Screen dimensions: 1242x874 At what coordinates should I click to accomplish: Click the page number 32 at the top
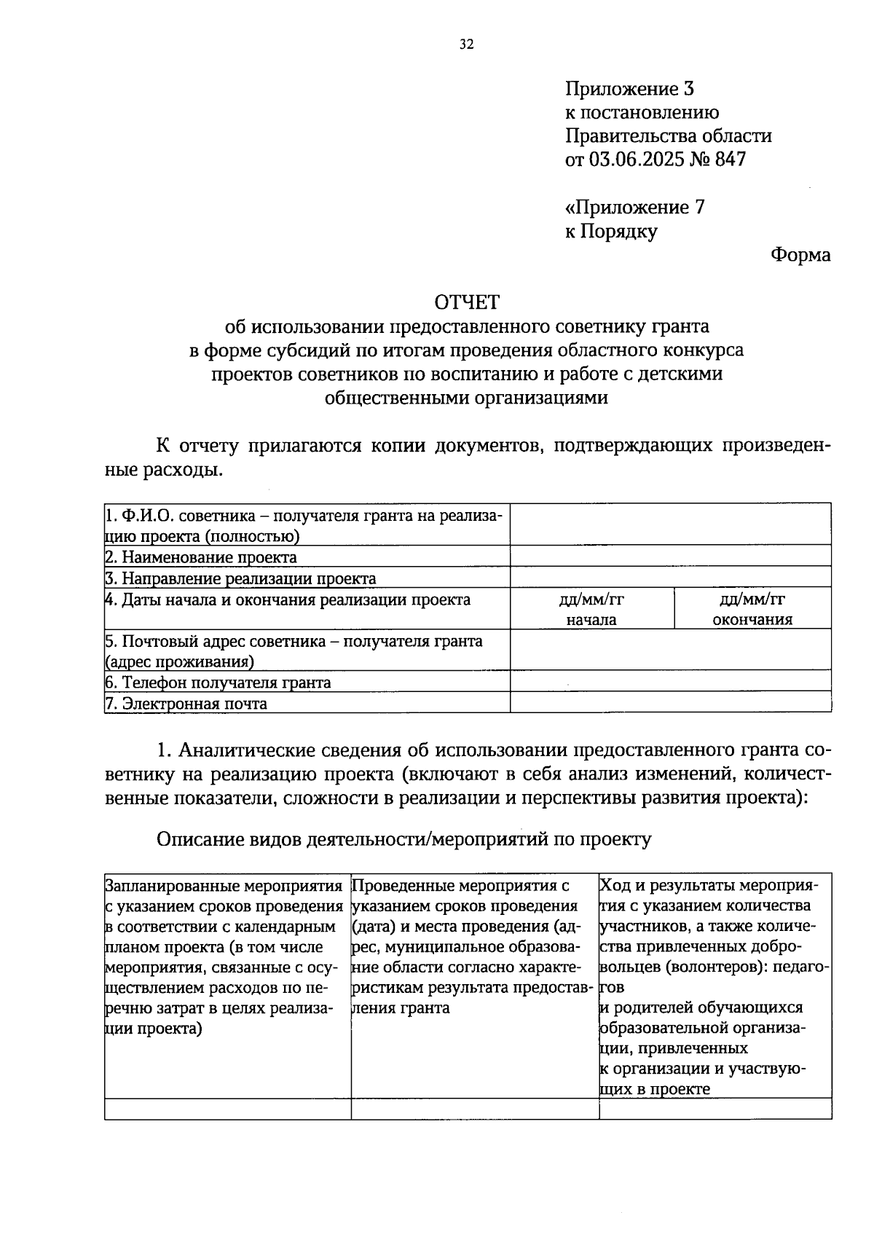466,45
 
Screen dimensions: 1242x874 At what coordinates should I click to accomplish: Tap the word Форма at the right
800,255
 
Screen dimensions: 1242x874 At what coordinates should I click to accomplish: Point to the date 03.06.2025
637,160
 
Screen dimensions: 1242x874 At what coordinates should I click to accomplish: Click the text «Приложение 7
634,208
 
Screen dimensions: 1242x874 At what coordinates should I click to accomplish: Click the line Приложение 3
629,89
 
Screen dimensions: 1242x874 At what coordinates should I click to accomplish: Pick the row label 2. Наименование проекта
201,557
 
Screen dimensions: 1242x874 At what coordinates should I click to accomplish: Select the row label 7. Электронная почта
186,704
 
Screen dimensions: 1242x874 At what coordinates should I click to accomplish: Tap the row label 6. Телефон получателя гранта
219,683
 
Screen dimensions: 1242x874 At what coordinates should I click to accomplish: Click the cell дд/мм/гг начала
591,609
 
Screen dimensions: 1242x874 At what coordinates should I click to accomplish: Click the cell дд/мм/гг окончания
752,609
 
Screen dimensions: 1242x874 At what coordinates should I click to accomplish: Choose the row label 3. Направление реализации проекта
241,579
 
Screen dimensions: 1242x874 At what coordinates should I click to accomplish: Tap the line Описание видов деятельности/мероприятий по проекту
404,839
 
